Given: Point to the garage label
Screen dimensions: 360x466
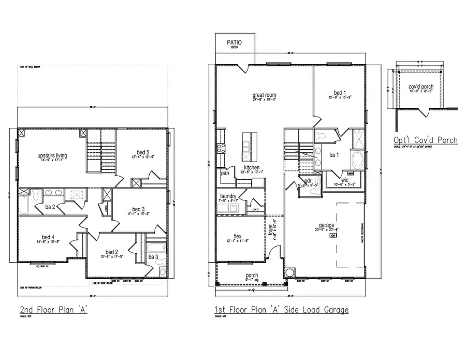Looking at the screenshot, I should (326, 225).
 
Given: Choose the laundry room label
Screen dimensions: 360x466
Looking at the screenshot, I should (228, 196).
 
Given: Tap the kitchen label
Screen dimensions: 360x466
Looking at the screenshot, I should (252, 168).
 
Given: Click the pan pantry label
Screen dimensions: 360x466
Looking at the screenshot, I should (225, 173).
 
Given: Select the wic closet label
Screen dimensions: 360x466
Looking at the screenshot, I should (345, 180).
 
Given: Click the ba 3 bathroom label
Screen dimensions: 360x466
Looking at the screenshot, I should (153, 256).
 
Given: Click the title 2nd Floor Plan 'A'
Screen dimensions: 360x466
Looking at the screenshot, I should (52, 310).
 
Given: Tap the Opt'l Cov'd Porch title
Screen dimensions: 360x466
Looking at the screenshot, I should (426, 140).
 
